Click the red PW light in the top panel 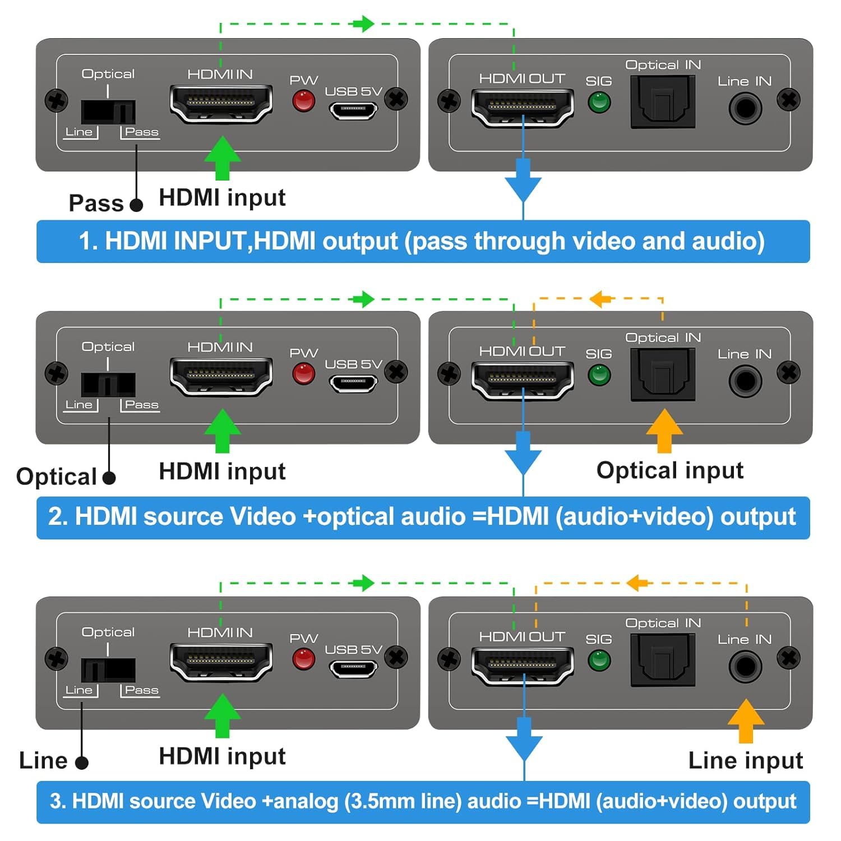pyautogui.click(x=303, y=101)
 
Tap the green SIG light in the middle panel pyautogui.click(x=599, y=375)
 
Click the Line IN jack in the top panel pyautogui.click(x=745, y=108)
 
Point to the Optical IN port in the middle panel pyautogui.click(x=663, y=374)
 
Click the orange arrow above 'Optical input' pyautogui.click(x=664, y=431)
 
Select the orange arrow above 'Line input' pyautogui.click(x=746, y=721)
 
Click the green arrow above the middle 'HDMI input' pyautogui.click(x=223, y=431)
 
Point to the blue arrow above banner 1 pyautogui.click(x=523, y=180)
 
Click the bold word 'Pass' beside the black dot pyautogui.click(x=96, y=203)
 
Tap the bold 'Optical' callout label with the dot pyautogui.click(x=57, y=477)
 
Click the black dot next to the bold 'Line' pyautogui.click(x=82, y=763)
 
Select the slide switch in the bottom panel pyautogui.click(x=108, y=669)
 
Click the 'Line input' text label pyautogui.click(x=746, y=761)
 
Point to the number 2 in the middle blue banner pyautogui.click(x=54, y=517)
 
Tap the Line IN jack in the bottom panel pyautogui.click(x=745, y=666)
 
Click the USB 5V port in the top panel pyautogui.click(x=353, y=110)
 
